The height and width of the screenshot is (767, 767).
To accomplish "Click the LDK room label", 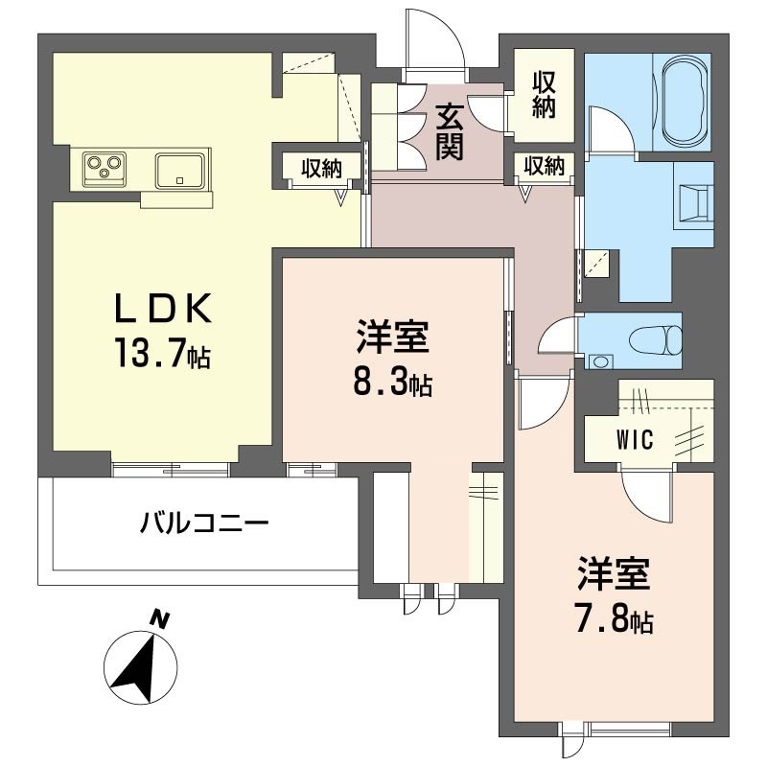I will (x=162, y=310).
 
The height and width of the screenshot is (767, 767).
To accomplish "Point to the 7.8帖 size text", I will (x=615, y=620).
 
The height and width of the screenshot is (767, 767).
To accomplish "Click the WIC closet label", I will (x=634, y=440).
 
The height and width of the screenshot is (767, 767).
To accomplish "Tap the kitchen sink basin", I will (x=180, y=170).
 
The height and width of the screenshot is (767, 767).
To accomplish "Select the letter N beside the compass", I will (x=160, y=620).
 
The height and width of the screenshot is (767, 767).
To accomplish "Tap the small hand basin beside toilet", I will (x=600, y=361).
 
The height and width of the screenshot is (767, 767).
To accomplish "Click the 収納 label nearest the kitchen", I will (x=322, y=169).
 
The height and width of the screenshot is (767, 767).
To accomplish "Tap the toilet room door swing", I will (x=556, y=338).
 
